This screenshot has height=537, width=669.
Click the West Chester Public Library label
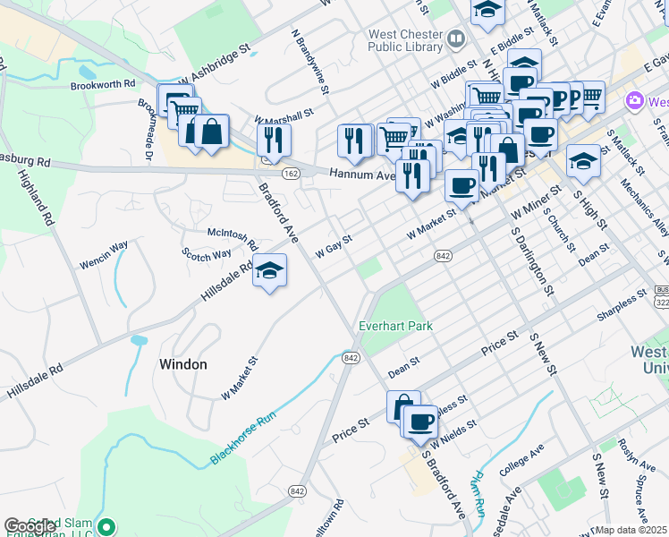(x=405, y=42)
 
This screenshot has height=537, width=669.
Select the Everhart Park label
(x=396, y=326)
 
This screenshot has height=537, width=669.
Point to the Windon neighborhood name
(x=182, y=364)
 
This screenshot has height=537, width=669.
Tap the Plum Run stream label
(x=479, y=492)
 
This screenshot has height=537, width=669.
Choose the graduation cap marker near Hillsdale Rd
(x=268, y=270)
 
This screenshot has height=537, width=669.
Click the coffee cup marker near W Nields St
(x=420, y=421)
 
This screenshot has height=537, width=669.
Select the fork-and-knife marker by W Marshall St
(x=274, y=140)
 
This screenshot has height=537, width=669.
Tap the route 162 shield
(x=291, y=173)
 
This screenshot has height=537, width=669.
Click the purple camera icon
(x=635, y=100)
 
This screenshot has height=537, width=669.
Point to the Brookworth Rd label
(x=102, y=84)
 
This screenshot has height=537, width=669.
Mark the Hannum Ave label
(x=361, y=175)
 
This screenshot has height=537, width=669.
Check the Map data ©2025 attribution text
(x=631, y=530)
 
